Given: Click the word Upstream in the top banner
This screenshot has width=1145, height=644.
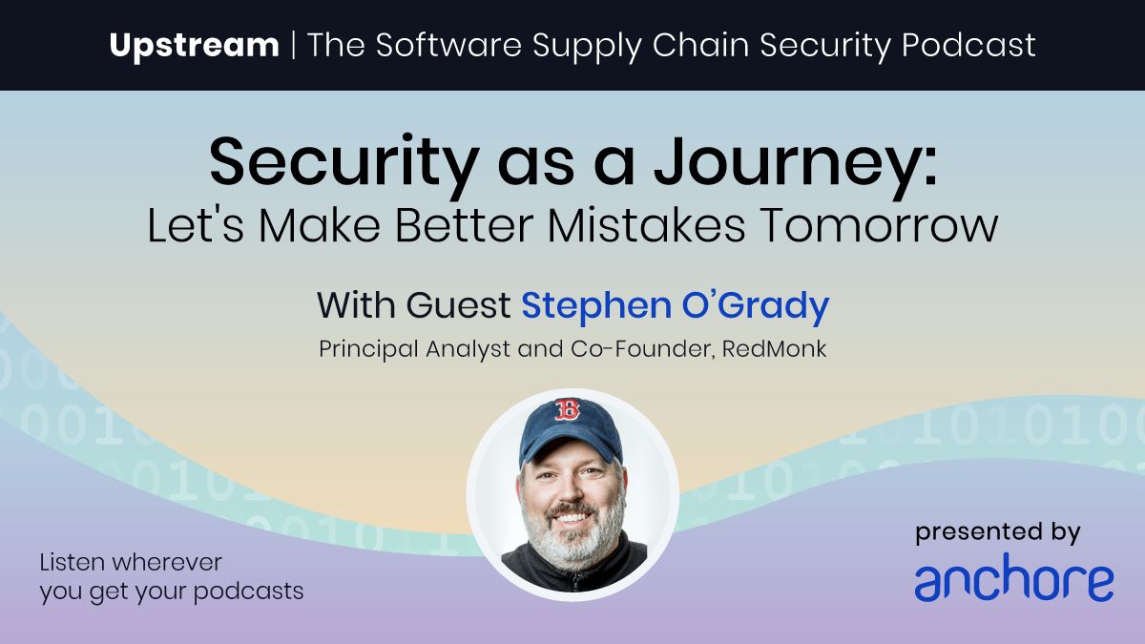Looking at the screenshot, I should (x=194, y=45).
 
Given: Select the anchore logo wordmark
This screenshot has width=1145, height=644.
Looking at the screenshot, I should (x=1013, y=580).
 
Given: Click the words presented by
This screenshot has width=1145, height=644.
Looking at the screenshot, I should (x=998, y=533).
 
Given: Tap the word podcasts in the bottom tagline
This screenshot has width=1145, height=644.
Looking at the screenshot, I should (x=250, y=591).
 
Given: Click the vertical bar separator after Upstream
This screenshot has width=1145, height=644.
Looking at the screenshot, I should (x=294, y=45).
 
